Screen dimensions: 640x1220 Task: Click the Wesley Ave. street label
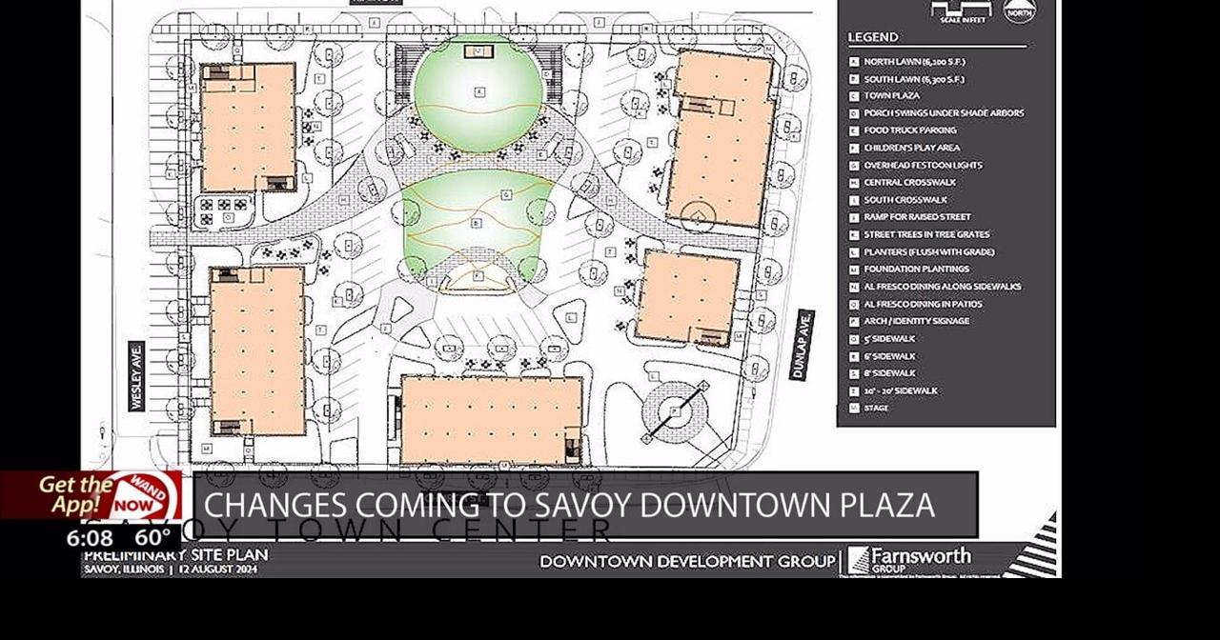(136, 376)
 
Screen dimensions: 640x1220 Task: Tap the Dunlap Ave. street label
(802, 345)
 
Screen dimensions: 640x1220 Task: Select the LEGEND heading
(873, 38)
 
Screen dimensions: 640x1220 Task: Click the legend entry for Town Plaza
(891, 96)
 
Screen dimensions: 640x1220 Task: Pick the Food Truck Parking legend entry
(909, 130)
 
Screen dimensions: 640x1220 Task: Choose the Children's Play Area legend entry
(911, 148)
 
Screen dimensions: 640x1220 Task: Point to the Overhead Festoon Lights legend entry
(923, 166)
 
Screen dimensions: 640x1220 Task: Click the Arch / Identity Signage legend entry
(916, 321)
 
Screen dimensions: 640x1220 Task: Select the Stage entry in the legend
(876, 409)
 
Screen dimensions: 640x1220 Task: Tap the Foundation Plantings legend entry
(915, 270)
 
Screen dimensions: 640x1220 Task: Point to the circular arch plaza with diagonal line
(675, 411)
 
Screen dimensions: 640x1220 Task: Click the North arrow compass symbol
(1019, 11)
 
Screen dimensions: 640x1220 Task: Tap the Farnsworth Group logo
(910, 559)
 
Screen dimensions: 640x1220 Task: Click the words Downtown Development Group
(687, 562)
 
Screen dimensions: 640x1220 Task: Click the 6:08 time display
(90, 538)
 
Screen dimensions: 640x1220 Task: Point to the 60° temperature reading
(152, 537)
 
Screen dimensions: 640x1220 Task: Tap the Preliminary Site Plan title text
(175, 555)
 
